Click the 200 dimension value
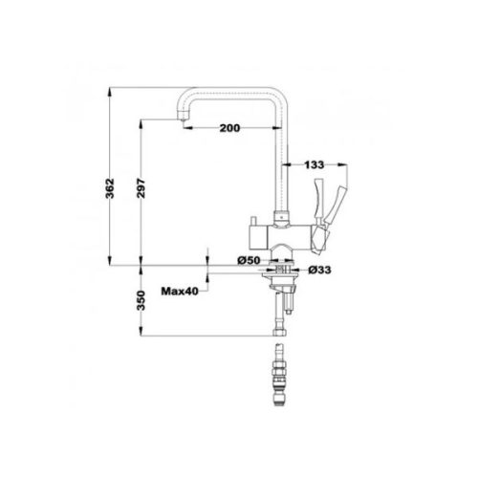[x=228, y=127]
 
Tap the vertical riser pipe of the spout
[x=283, y=163]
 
